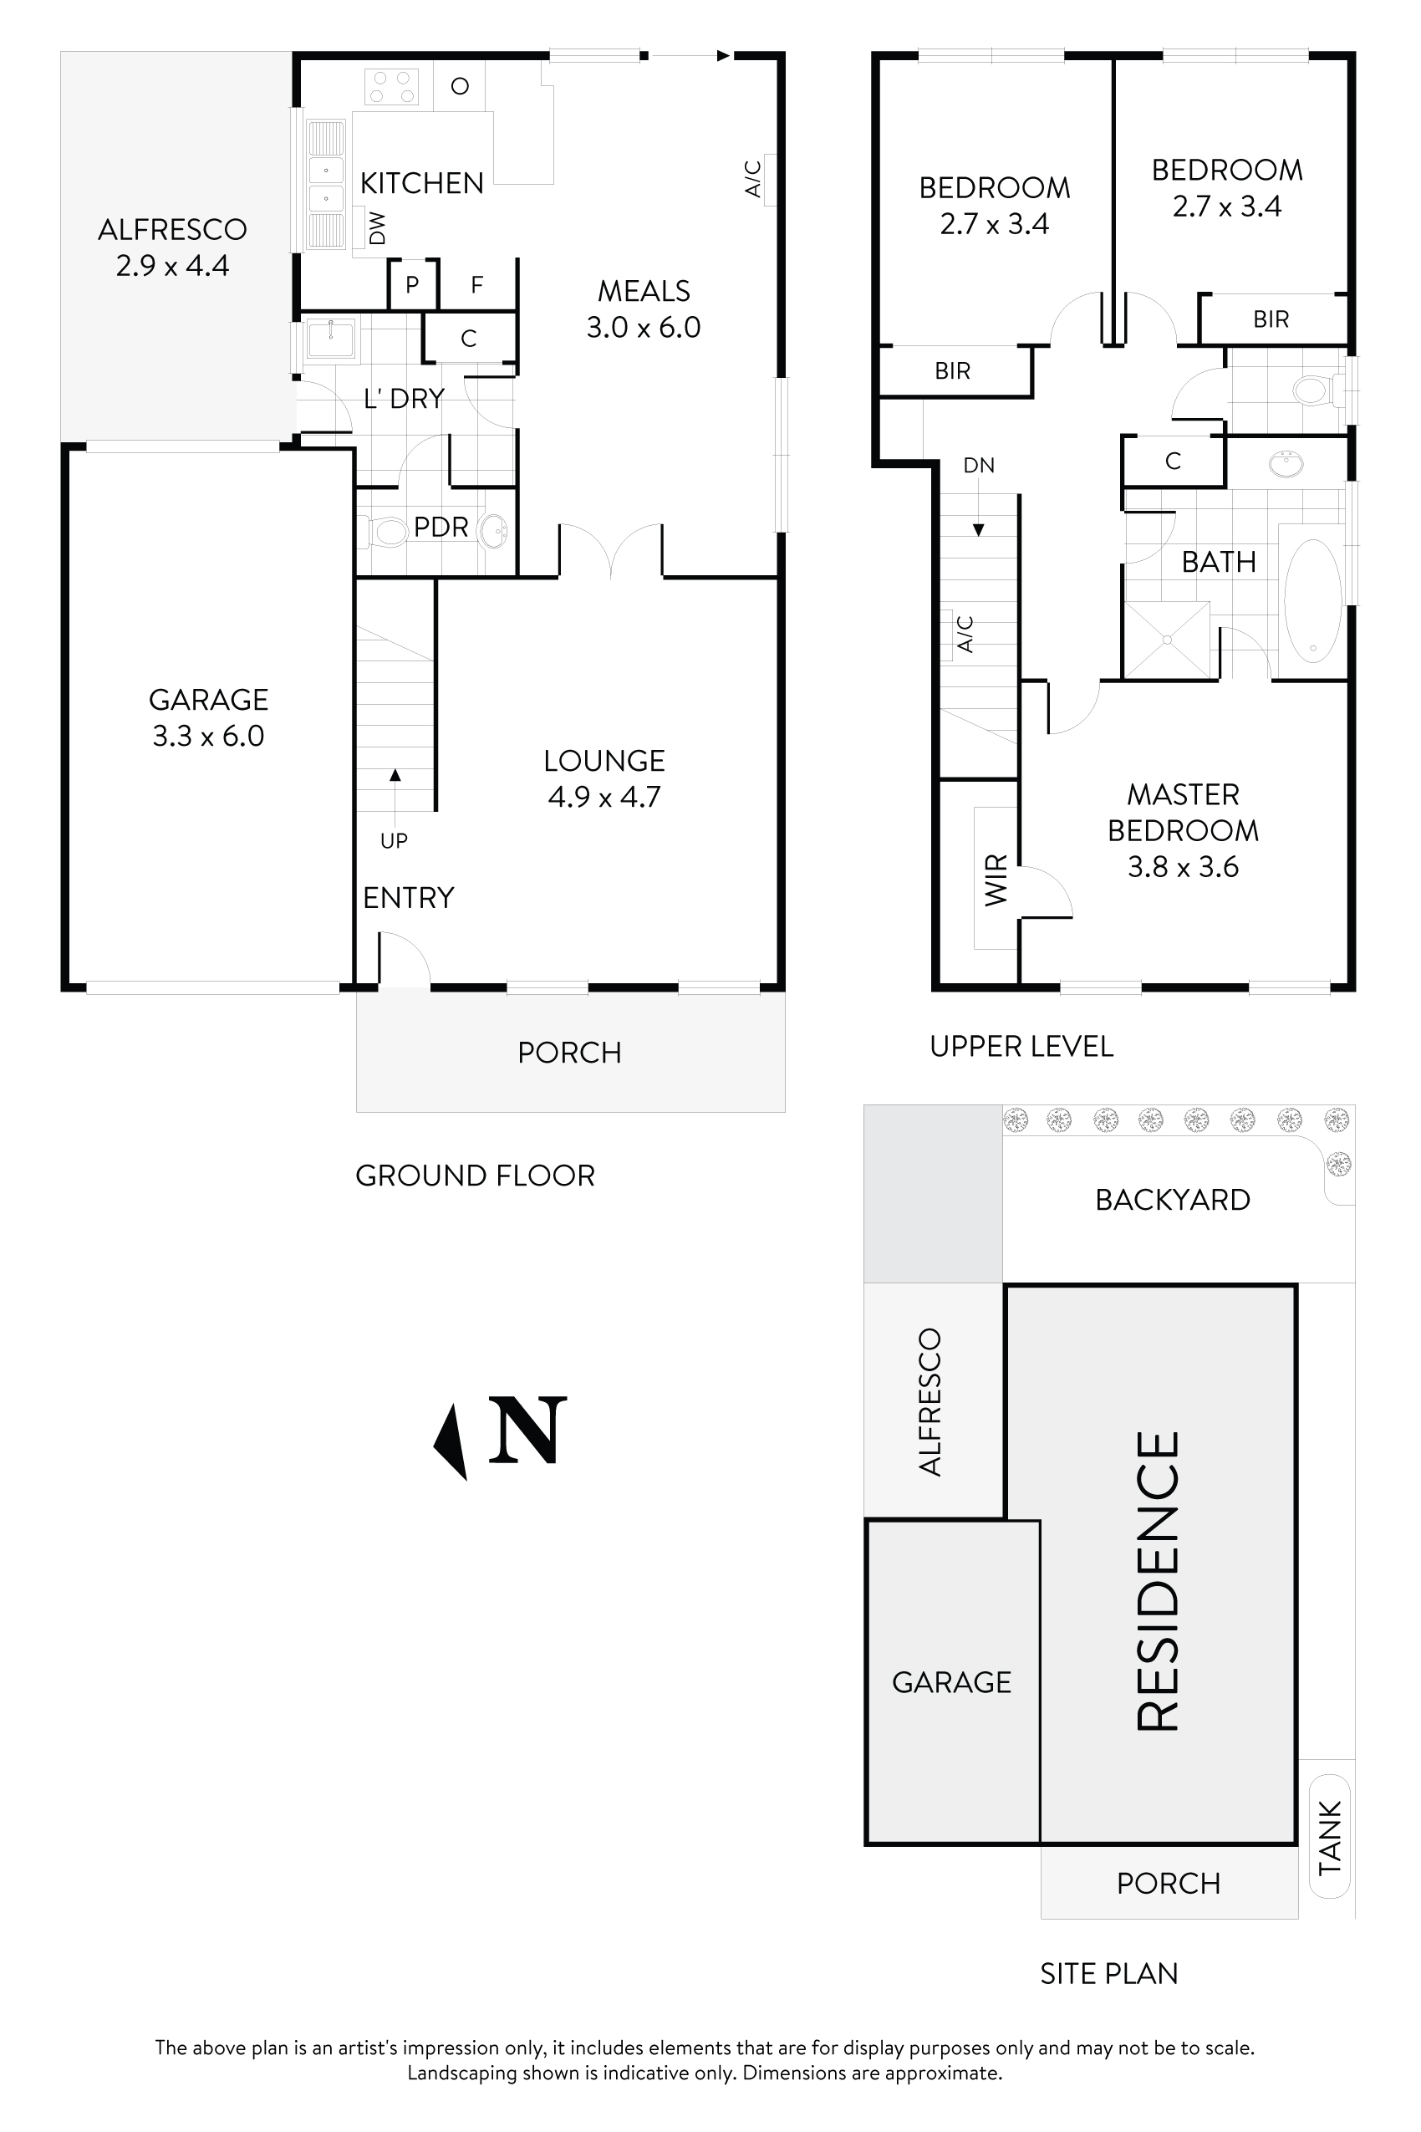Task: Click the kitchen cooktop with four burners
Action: [x=390, y=87]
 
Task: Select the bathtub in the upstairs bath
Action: [x=1311, y=600]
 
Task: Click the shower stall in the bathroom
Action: [x=1167, y=640]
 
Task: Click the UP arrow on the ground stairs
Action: [x=395, y=776]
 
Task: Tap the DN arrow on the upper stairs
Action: [x=978, y=529]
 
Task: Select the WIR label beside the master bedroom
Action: [x=995, y=879]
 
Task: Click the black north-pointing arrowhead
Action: [x=451, y=1441]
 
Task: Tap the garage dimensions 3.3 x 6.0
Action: [x=208, y=736]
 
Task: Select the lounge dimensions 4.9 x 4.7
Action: [x=604, y=797]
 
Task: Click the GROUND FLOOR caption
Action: [x=475, y=1176]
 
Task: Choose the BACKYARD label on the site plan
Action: [x=1172, y=1200]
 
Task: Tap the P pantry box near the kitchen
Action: [x=412, y=284]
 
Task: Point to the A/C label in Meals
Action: [x=753, y=179]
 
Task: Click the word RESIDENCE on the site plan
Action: [x=1159, y=1581]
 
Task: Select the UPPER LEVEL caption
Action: [x=1021, y=1047]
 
